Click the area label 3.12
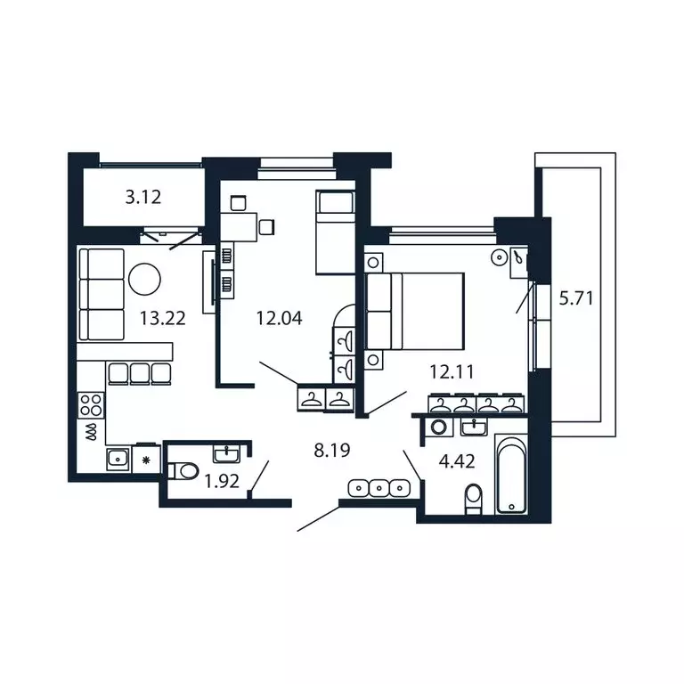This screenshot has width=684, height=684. point(142,198)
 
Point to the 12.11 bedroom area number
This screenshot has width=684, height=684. point(450,372)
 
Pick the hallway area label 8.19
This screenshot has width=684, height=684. point(331,450)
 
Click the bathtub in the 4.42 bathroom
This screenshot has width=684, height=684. point(512,476)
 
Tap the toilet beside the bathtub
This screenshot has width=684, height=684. point(474,497)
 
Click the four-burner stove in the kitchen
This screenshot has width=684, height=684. point(92,406)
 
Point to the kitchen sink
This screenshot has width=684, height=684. point(117,459)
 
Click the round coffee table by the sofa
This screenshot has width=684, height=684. point(145,280)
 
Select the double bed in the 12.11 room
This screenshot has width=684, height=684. point(416,312)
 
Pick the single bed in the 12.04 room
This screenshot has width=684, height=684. point(335,231)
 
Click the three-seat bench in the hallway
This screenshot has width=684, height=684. point(379,488)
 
